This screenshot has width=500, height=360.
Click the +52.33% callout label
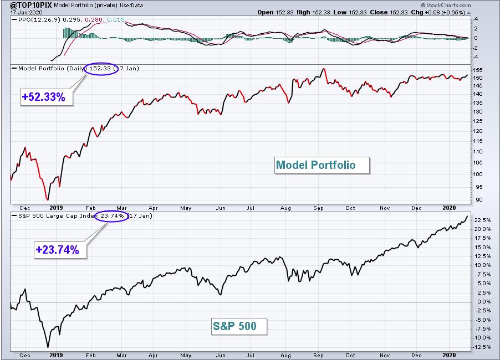[x=44, y=97]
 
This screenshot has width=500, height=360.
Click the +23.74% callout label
[x=58, y=250]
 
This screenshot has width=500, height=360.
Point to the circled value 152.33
[x=100, y=69]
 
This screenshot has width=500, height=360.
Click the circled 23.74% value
[x=111, y=216]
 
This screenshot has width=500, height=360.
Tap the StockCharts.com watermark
[x=446, y=5]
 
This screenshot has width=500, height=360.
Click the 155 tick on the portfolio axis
[x=478, y=70]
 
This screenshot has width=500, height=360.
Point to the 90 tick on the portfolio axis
[x=479, y=200]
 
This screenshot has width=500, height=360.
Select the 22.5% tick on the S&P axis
[x=482, y=220]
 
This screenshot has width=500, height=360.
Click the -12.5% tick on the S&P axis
[x=481, y=347]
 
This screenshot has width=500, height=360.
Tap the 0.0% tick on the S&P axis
[x=482, y=302]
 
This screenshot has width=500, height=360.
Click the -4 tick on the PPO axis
[x=475, y=58]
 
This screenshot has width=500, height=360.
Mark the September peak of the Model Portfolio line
[x=324, y=69]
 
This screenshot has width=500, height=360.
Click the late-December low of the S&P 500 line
[x=48, y=347]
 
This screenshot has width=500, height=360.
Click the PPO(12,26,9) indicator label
[x=39, y=20]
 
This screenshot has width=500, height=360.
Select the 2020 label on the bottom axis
[x=449, y=355]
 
